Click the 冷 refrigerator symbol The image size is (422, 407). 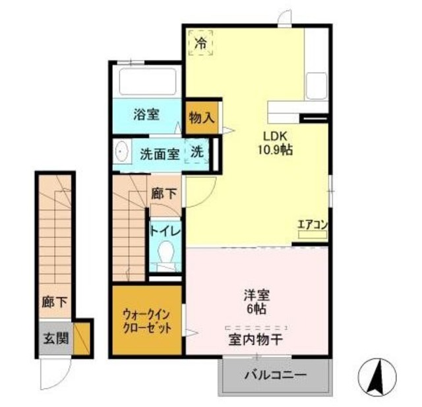tap(200, 43)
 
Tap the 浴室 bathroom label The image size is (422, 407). tap(146, 114)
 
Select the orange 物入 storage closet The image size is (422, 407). tap(201, 118)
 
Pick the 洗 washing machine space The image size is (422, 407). tap(197, 152)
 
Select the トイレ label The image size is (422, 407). tap(162, 231)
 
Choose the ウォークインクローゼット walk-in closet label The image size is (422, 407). tap(146, 321)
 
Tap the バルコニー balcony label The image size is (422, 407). tap(275, 377)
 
